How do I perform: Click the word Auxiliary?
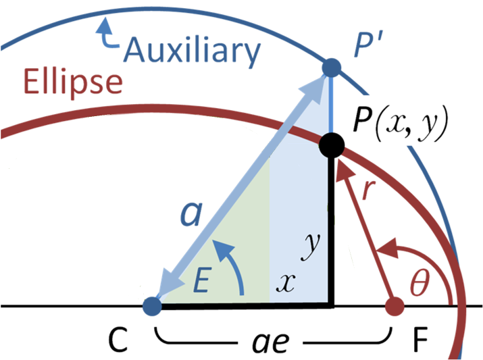point(193,50)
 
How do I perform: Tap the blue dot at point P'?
point(331,67)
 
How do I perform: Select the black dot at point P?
point(332,144)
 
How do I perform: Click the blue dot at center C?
point(153,307)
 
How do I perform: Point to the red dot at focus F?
point(394,307)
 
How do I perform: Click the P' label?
point(370,44)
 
